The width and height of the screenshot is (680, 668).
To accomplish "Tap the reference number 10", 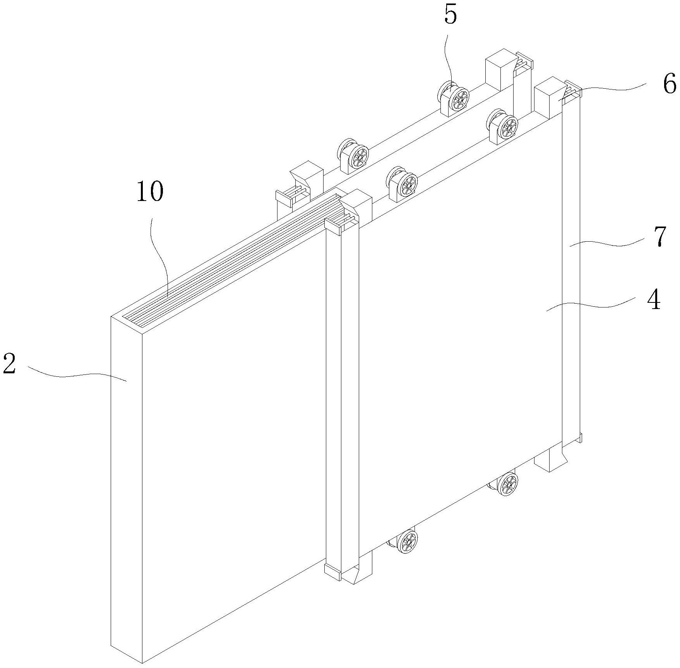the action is click(150, 192).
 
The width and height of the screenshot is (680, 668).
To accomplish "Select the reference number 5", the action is click(450, 16).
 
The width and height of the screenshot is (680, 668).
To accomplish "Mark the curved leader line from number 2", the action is click(77, 375).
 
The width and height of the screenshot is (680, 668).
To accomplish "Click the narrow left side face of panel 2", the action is click(126, 484).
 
